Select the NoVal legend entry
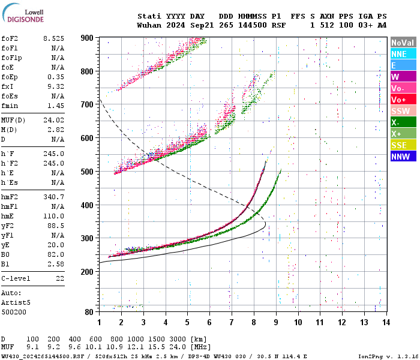point(403,43)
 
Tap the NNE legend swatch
point(403,55)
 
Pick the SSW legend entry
point(403,112)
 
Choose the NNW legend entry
point(403,157)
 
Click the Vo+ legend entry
point(403,100)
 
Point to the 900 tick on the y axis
point(87,38)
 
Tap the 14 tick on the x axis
point(386,322)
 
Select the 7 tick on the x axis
point(232,322)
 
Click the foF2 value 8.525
point(53,38)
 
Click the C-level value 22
point(59,278)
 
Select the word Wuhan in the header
point(149,25)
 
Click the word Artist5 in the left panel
point(16,304)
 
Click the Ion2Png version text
point(388,356)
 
